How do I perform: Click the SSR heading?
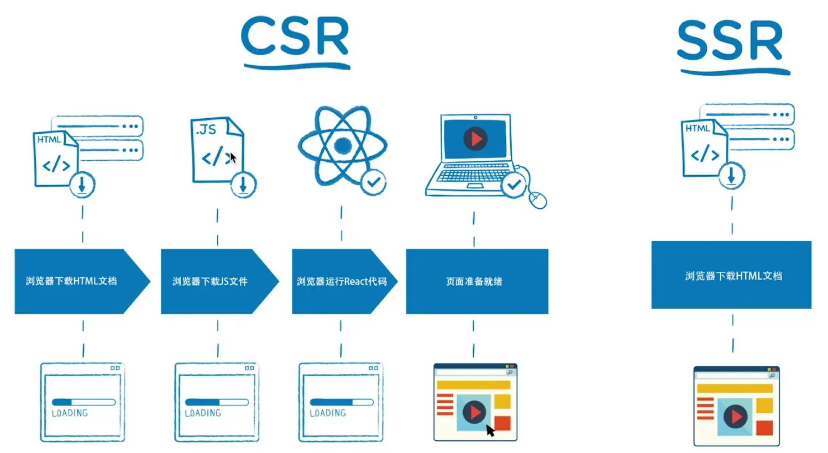click(730, 41)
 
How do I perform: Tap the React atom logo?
click(342, 145)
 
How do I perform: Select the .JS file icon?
click(216, 150)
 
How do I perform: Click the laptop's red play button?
click(475, 138)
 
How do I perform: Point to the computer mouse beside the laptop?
click(538, 199)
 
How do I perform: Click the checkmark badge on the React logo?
click(374, 182)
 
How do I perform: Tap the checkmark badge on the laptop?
click(514, 185)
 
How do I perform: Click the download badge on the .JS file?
click(243, 186)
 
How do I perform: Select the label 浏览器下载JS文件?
click(210, 281)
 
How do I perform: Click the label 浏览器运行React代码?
click(342, 281)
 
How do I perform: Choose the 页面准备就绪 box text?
click(474, 281)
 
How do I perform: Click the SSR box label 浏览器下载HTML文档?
click(733, 276)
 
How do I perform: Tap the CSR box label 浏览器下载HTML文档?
click(71, 281)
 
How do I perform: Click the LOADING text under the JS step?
click(203, 413)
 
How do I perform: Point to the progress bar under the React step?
click(342, 402)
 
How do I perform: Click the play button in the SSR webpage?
click(735, 416)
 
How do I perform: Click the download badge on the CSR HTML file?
click(82, 185)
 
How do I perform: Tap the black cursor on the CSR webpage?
click(490, 430)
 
